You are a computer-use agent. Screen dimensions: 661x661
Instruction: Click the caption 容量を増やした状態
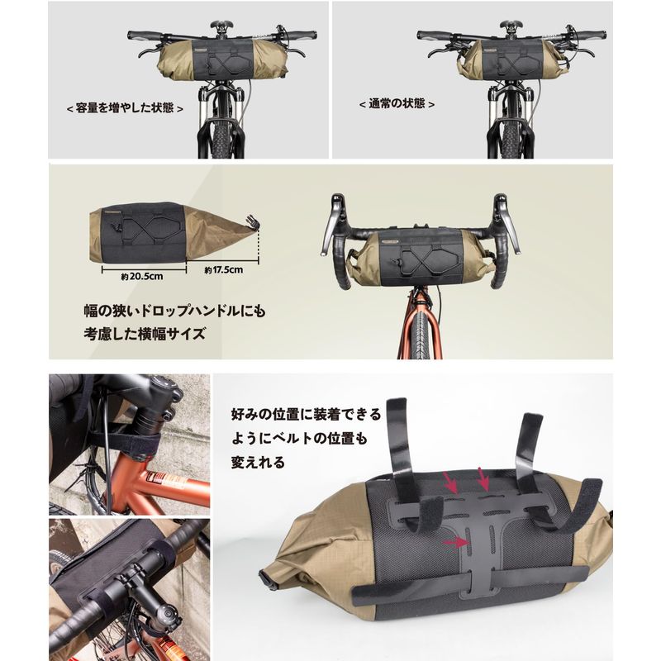tap(125, 108)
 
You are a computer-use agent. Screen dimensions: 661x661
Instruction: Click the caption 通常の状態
tap(397, 104)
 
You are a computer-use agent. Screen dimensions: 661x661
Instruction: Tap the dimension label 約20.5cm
tap(141, 277)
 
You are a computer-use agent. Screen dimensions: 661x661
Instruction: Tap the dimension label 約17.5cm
tap(223, 270)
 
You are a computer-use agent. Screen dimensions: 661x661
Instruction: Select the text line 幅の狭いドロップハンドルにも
tap(174, 311)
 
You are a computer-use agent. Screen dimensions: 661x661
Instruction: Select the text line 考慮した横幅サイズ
tap(145, 334)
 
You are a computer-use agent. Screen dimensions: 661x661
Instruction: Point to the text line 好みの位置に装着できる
tap(306, 415)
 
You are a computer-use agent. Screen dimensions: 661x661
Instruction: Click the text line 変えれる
tap(258, 463)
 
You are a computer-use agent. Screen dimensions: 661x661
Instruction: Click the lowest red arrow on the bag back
tap(456, 543)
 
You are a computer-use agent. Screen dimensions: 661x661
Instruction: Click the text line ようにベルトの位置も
tap(299, 439)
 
